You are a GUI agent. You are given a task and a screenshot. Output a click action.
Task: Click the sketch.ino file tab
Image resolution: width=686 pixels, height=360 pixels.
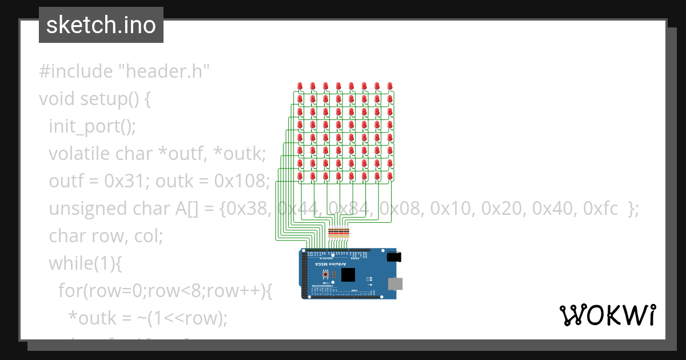point(101,25)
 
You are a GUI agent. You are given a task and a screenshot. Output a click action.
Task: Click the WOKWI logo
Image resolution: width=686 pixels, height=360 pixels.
point(607,315)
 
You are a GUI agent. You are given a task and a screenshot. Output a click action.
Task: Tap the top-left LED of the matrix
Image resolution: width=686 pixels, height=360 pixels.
point(300,86)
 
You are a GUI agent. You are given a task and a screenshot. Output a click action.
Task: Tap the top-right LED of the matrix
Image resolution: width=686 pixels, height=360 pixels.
point(390,86)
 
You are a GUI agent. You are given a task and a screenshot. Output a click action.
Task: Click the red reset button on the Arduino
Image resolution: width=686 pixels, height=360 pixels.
point(326,275)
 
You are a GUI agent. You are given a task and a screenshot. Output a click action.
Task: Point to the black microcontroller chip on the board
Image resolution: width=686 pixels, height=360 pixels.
point(348,275)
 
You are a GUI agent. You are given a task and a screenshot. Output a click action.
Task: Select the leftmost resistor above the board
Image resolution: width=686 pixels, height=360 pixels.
point(329,232)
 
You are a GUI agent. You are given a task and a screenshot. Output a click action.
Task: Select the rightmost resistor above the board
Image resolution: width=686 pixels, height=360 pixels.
point(346,232)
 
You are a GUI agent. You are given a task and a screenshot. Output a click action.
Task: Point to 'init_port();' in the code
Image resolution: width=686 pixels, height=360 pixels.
point(93,126)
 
